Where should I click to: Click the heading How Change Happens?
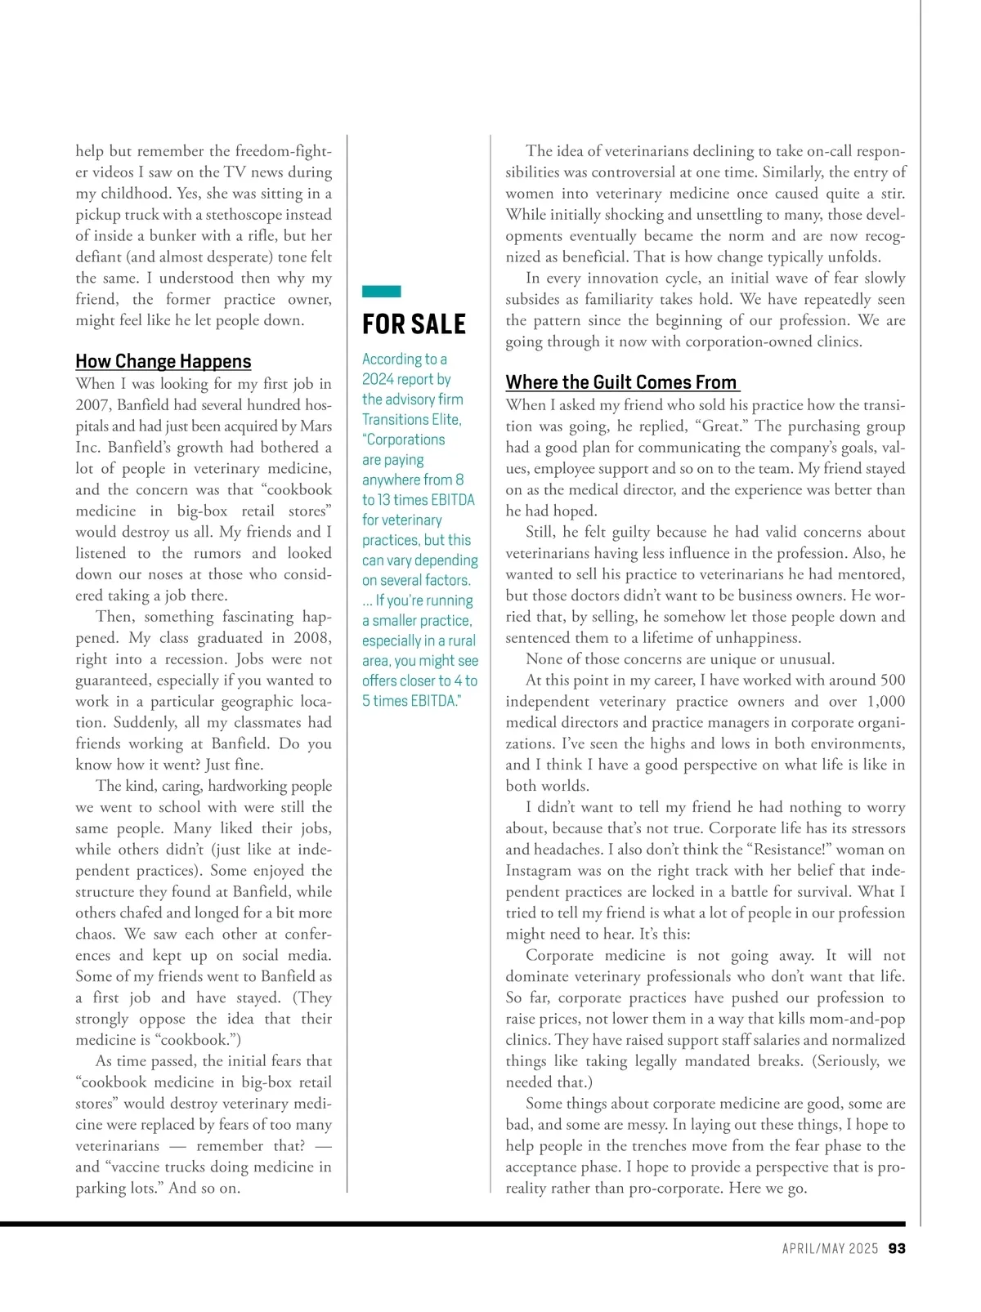coord(163,361)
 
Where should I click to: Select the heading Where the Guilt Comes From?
coord(621,382)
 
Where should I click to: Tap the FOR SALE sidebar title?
coord(414,324)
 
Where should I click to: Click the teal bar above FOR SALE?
coord(381,292)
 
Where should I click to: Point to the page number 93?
coord(897,1248)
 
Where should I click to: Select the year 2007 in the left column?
coord(92,405)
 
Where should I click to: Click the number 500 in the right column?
coord(892,680)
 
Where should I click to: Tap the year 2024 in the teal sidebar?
coord(378,379)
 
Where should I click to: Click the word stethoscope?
coord(247,215)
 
